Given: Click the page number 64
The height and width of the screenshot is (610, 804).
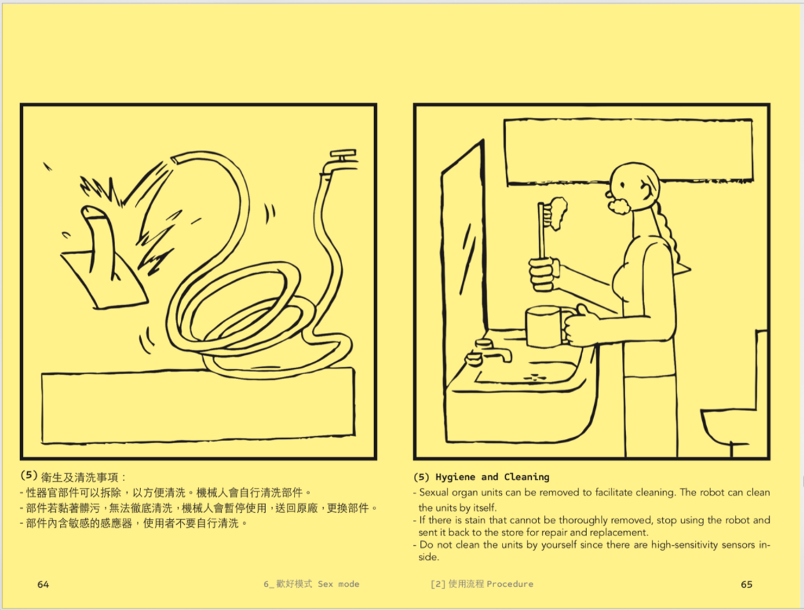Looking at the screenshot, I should point(43,584).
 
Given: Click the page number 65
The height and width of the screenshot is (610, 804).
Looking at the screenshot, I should point(746,584).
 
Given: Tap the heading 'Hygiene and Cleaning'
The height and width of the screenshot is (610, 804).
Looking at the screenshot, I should point(492,477).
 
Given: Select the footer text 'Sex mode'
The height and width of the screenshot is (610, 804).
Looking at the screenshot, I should point(338,584).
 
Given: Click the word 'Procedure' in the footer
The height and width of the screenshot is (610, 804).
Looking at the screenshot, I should point(509,584).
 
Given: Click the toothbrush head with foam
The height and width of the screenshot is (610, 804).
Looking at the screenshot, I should point(557,213).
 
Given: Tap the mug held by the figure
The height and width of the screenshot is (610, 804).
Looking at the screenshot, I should point(544,326).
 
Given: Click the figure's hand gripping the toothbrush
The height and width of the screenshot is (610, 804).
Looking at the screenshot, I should point(544,274).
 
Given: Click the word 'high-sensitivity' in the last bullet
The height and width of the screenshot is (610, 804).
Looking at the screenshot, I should point(681,544).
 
